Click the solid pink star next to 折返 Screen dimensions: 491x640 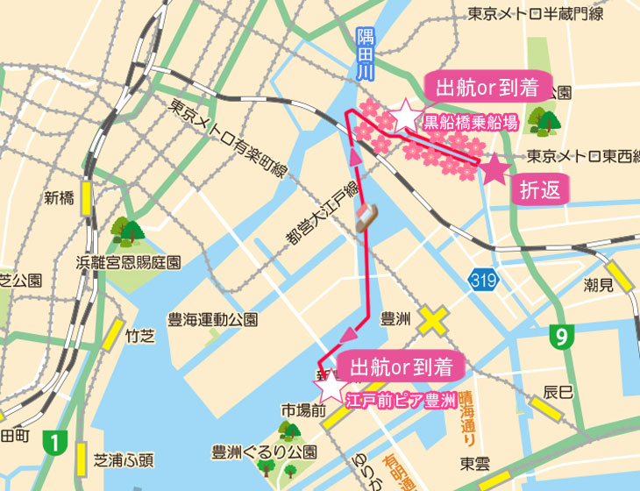494,167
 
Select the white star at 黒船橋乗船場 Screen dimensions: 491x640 405,114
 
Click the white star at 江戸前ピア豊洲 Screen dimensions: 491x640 332,384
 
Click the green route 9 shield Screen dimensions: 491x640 560,336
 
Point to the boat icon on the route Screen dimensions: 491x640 366,218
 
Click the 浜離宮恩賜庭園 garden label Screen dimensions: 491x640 129,262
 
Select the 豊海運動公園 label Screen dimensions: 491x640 212,320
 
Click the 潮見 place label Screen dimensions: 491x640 599,286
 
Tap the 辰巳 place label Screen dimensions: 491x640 558,390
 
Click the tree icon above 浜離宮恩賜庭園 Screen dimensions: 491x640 128,232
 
